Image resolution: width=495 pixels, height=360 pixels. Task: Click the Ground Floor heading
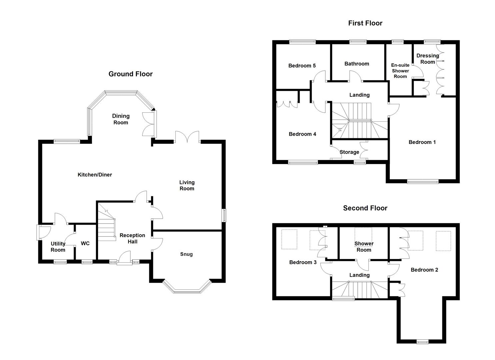pyautogui.click(x=130, y=74)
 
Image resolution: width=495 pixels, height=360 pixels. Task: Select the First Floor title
pyautogui.click(x=365, y=23)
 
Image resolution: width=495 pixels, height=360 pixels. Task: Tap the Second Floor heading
pyautogui.click(x=365, y=208)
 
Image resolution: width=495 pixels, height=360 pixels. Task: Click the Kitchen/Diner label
pyautogui.click(x=95, y=175)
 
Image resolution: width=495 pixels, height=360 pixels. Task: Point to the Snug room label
pyautogui.click(x=186, y=254)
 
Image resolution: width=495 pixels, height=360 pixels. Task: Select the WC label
pyautogui.click(x=85, y=243)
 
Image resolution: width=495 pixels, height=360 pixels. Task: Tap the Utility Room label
pyautogui.click(x=58, y=247)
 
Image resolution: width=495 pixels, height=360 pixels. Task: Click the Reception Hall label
pyautogui.click(x=132, y=238)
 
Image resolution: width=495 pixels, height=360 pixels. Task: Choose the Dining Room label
pyautogui.click(x=121, y=119)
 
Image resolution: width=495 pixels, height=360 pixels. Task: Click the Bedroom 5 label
pyautogui.click(x=302, y=66)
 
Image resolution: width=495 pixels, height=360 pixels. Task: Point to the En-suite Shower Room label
pyautogui.click(x=400, y=71)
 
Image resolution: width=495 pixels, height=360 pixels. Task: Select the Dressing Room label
pyautogui.click(x=427, y=59)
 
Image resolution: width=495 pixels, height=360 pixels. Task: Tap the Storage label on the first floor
pyautogui.click(x=349, y=152)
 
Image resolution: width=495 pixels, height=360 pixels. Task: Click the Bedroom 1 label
pyautogui.click(x=422, y=142)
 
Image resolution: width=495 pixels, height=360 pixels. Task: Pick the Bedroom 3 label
pyautogui.click(x=303, y=262)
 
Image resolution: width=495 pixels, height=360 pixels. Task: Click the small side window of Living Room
pyautogui.click(x=224, y=215)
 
